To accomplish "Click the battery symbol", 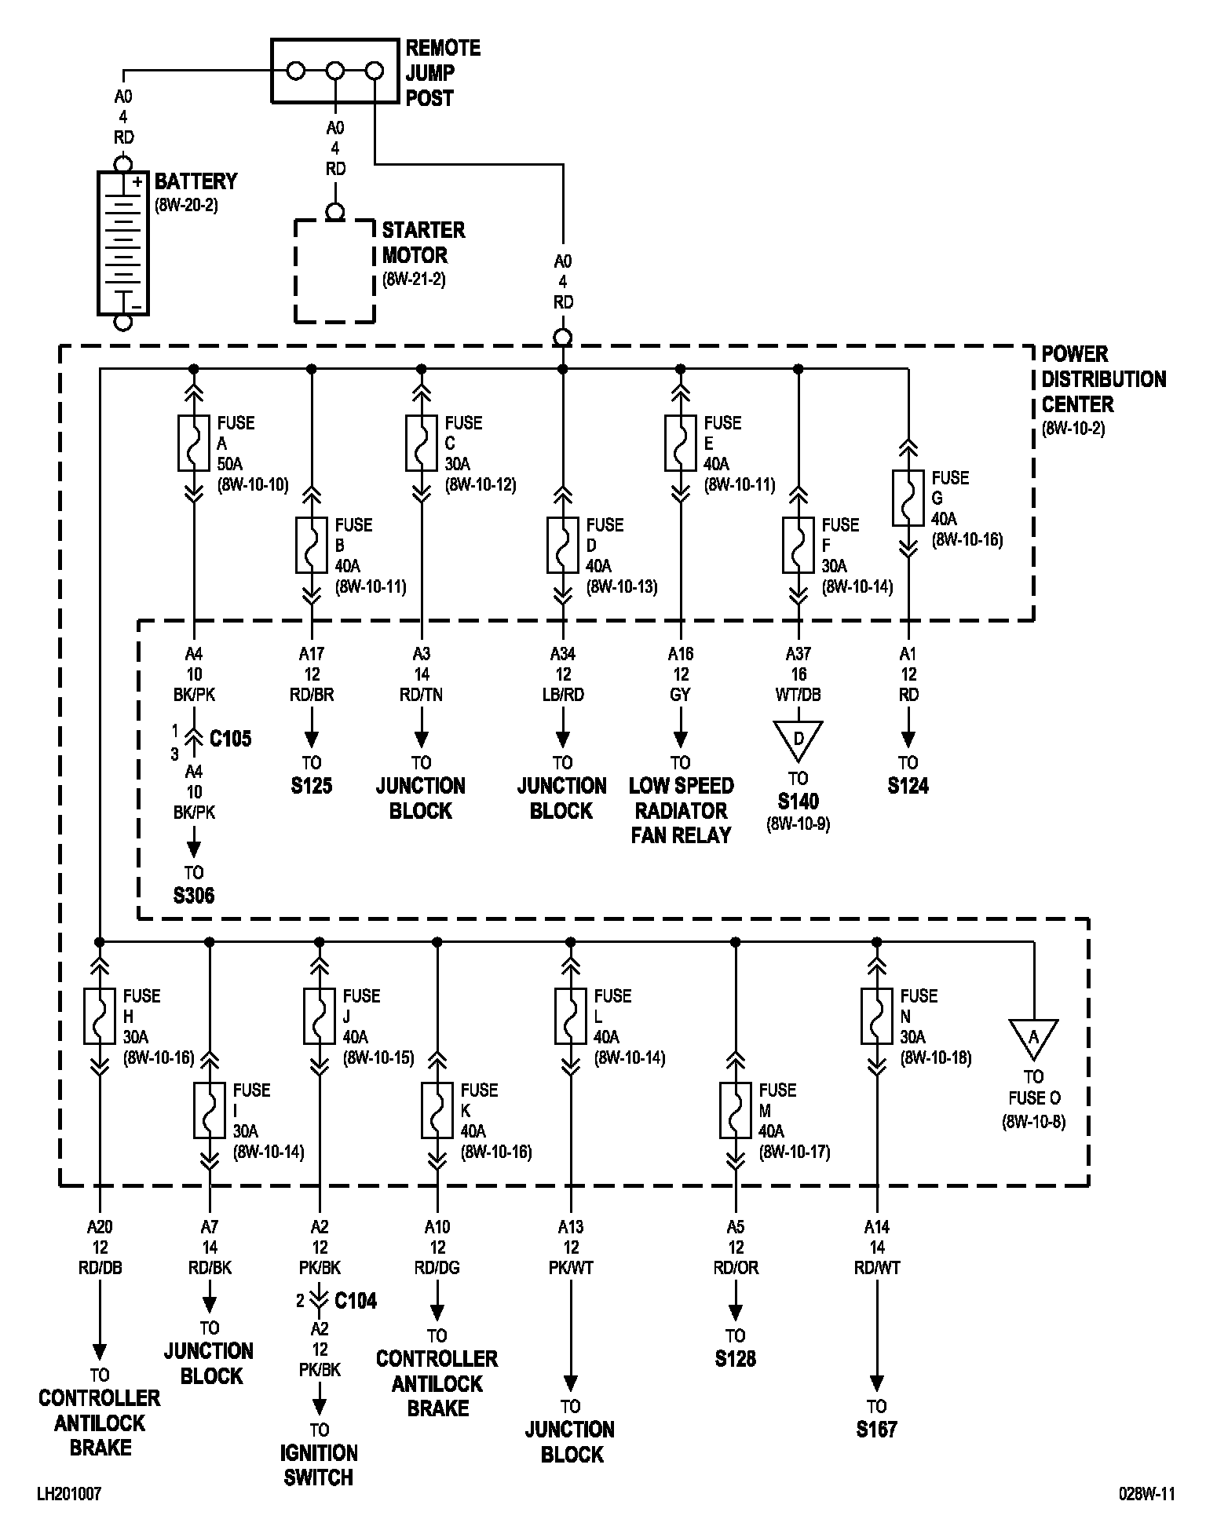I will [122, 243].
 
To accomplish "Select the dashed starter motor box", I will [334, 272].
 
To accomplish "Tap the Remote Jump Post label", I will [442, 73].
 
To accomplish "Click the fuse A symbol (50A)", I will [194, 443].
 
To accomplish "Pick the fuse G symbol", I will [908, 498].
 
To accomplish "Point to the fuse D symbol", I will [563, 545].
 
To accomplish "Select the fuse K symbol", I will [437, 1110].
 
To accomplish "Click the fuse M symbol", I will [736, 1110].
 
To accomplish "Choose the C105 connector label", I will [230, 739].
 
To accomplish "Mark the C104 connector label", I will [355, 1301].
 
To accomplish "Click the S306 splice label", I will [193, 896].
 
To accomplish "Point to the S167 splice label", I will [877, 1430].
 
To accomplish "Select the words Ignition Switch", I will [319, 1465].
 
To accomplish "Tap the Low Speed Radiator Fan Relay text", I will [681, 810].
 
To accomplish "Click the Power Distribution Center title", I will [1103, 379].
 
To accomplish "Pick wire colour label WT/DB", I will [799, 695].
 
